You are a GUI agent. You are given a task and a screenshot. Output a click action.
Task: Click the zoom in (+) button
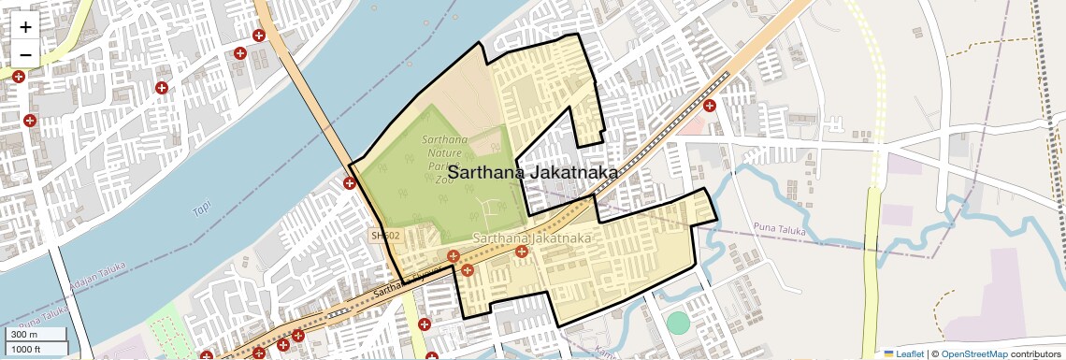pos(25,27)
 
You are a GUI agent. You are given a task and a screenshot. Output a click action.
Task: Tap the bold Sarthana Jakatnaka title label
pos(532,173)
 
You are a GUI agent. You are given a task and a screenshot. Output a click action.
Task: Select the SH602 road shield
pos(384,237)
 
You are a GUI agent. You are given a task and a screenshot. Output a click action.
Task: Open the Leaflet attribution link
pos(904,353)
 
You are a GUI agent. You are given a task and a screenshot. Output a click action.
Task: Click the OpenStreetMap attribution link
pos(974,353)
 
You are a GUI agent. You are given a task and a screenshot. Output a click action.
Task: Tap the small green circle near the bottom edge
pos(678,323)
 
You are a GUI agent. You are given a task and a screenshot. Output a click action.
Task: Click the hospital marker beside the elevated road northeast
pos(710,106)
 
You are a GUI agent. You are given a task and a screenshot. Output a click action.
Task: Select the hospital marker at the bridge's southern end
pos(350,183)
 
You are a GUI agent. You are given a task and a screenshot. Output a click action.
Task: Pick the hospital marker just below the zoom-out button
pos(18,77)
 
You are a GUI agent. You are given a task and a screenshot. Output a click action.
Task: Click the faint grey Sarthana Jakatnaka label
pos(532,239)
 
